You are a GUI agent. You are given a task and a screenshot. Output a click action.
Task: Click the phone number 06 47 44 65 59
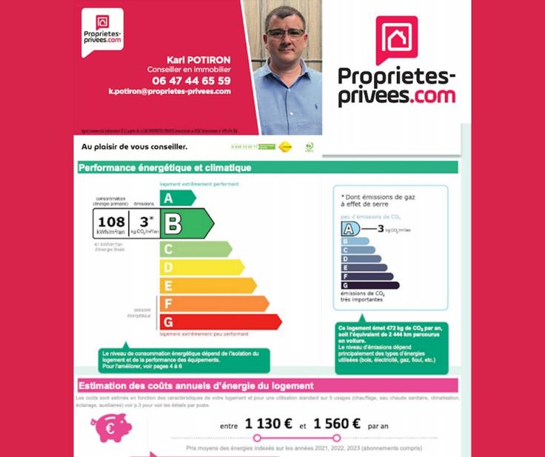191,80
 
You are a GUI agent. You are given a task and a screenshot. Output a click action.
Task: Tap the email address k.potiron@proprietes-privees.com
170,92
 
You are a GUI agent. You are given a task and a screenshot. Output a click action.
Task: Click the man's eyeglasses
286,33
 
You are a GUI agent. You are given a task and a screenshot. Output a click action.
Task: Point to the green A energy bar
177,198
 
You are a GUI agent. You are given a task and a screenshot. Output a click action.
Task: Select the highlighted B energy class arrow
186,222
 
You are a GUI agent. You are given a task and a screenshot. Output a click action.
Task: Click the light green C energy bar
195,249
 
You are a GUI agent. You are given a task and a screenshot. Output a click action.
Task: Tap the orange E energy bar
207,285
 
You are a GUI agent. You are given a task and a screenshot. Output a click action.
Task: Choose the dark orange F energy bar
213,304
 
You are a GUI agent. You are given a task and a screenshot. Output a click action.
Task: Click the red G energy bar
220,322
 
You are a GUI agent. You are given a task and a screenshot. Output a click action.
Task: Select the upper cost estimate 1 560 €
336,424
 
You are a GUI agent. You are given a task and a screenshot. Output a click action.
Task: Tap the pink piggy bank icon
111,427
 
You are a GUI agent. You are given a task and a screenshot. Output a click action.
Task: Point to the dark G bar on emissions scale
370,285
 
